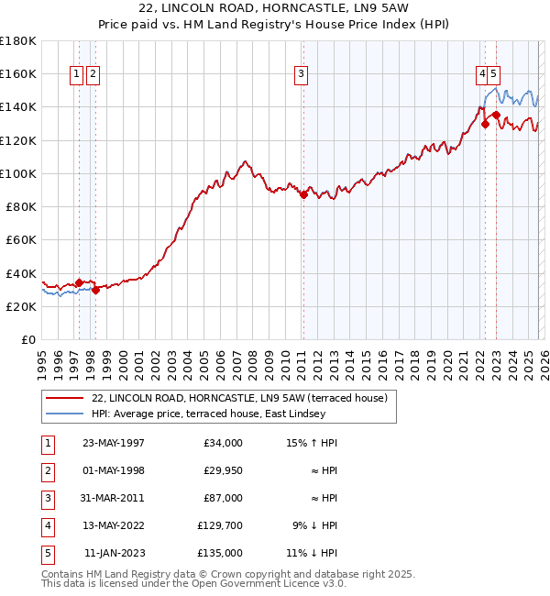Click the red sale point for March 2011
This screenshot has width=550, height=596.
click(303, 194)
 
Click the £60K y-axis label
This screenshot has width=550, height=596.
click(21, 239)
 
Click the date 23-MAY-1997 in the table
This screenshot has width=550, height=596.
click(113, 443)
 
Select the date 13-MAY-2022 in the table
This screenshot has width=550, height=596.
click(113, 525)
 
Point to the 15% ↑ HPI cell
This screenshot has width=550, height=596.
click(311, 443)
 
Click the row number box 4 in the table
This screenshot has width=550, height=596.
click(45, 525)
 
